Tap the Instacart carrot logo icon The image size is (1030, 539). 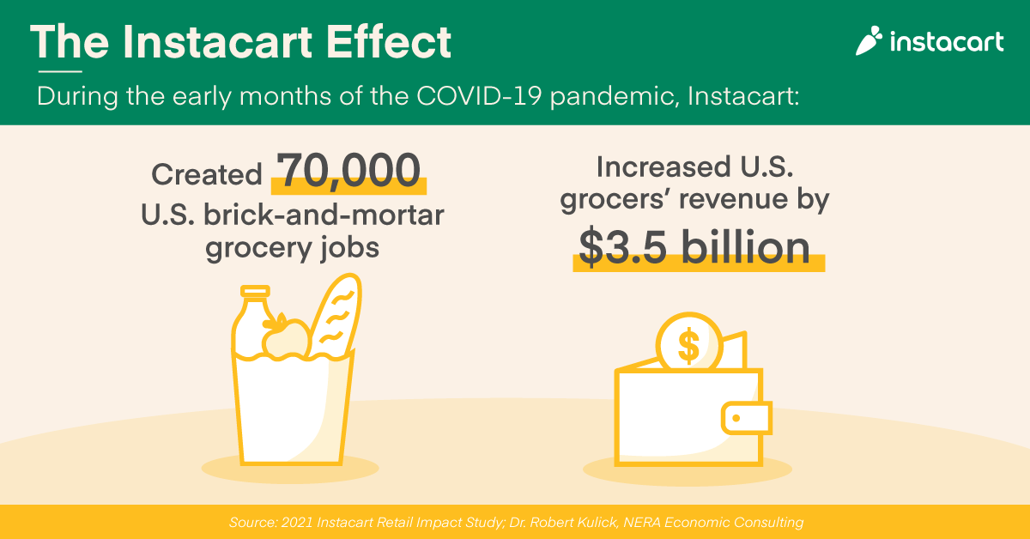coord(869,40)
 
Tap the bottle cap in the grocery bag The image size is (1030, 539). coord(254,293)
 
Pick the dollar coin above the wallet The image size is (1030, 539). coord(689,344)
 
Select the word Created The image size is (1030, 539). coord(207,174)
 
